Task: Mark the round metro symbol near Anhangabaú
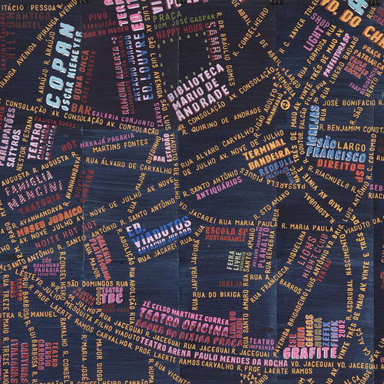[x=285, y=104]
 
